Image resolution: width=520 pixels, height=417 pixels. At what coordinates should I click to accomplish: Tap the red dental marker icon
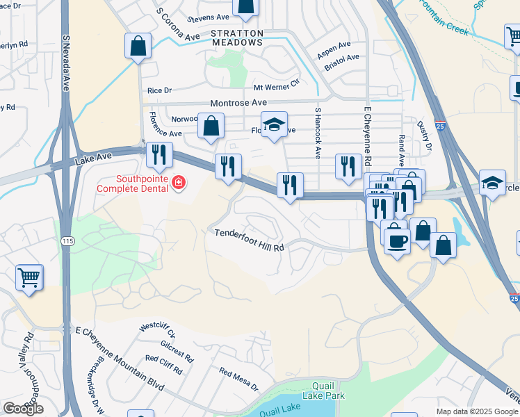179,183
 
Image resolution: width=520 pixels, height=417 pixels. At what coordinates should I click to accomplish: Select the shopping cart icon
29,277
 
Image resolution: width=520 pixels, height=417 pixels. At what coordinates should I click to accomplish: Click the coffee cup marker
397,240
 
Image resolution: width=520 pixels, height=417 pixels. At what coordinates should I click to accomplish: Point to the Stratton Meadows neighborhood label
237,38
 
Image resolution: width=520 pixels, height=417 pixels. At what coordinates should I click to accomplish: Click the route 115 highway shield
67,240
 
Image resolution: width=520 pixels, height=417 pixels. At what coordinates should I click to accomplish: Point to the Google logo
23,409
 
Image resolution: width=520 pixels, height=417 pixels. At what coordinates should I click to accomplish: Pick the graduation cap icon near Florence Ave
274,125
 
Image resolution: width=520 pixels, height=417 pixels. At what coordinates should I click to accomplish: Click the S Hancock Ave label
318,133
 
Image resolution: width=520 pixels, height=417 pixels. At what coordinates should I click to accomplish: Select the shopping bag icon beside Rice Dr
138,47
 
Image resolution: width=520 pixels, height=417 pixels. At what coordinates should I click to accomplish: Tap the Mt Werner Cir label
276,88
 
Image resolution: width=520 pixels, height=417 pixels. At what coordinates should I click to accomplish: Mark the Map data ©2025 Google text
476,411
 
